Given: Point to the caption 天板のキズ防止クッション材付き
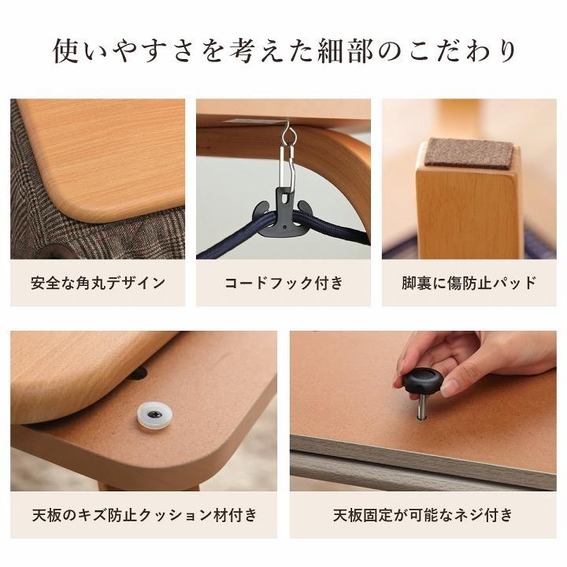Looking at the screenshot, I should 144,516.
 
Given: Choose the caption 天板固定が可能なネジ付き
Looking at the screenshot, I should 423,516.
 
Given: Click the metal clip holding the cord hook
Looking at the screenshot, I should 287,161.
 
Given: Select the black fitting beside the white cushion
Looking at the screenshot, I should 136,372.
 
